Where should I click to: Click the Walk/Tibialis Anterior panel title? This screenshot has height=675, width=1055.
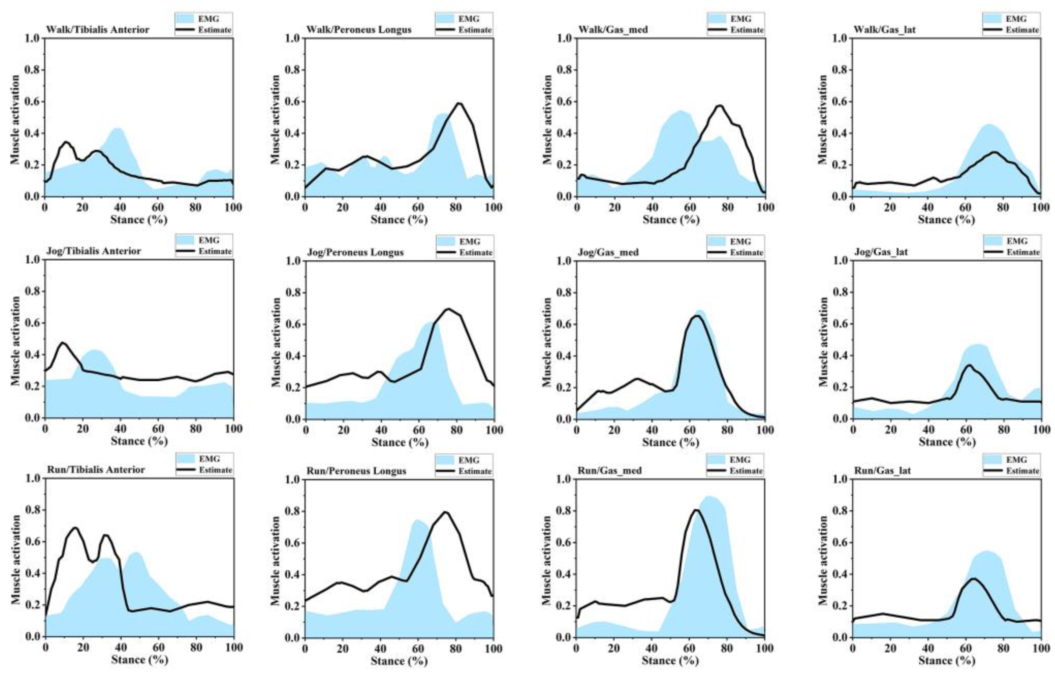point(98,30)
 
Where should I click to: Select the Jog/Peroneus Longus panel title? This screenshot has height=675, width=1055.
point(355,252)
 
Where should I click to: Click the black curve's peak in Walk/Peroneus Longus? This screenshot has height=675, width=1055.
point(459,104)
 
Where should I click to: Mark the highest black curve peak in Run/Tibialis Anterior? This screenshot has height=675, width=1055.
point(75,528)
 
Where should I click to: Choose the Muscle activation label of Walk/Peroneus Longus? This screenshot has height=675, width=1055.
point(276,119)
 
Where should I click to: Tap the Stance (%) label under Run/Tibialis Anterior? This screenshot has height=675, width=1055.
point(139,659)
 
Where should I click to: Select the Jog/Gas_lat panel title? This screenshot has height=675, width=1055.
point(881,252)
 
